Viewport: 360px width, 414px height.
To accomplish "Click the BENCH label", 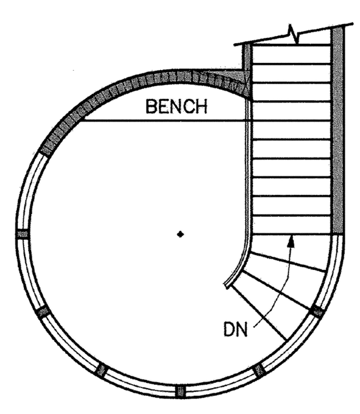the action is [x=176, y=107].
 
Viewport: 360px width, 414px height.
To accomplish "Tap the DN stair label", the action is [x=236, y=329].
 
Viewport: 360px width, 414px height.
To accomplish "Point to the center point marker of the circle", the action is [x=181, y=234].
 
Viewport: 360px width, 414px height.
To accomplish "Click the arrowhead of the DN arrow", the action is [x=291, y=241].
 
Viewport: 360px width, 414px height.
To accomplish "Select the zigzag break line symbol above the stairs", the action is [x=293, y=34].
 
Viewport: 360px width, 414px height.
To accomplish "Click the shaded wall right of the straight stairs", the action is [x=338, y=131].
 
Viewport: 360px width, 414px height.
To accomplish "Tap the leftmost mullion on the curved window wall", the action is [x=23, y=234].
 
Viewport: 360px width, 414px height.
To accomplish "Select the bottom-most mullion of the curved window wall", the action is [x=181, y=391].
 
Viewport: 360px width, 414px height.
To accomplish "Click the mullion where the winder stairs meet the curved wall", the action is [x=317, y=311].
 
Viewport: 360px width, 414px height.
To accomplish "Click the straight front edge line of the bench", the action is [x=165, y=121].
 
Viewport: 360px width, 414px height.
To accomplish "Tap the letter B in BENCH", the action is [x=151, y=107].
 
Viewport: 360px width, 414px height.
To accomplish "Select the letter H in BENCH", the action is [x=202, y=107].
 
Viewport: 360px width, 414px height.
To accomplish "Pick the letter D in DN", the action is [x=229, y=329].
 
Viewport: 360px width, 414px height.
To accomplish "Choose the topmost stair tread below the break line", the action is [x=292, y=55].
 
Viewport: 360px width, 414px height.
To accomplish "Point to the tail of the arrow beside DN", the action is [x=254, y=327].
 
